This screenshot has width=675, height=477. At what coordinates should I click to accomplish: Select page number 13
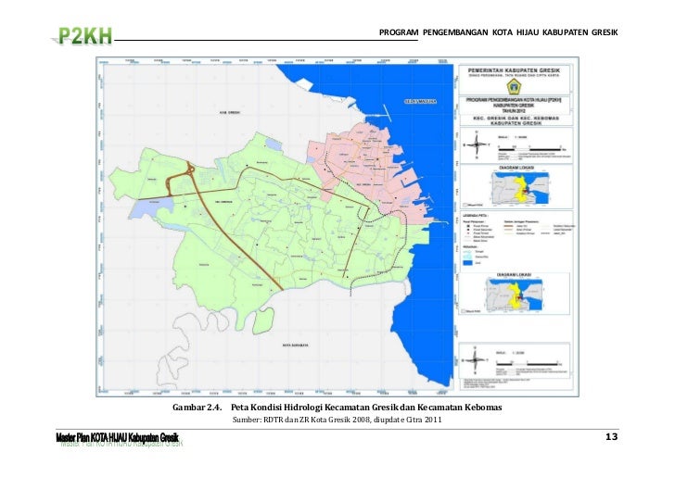coord(611,436)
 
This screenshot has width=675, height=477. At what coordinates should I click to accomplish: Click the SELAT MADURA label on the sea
coord(421,100)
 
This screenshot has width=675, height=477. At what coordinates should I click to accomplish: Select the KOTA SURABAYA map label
coord(299,345)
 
